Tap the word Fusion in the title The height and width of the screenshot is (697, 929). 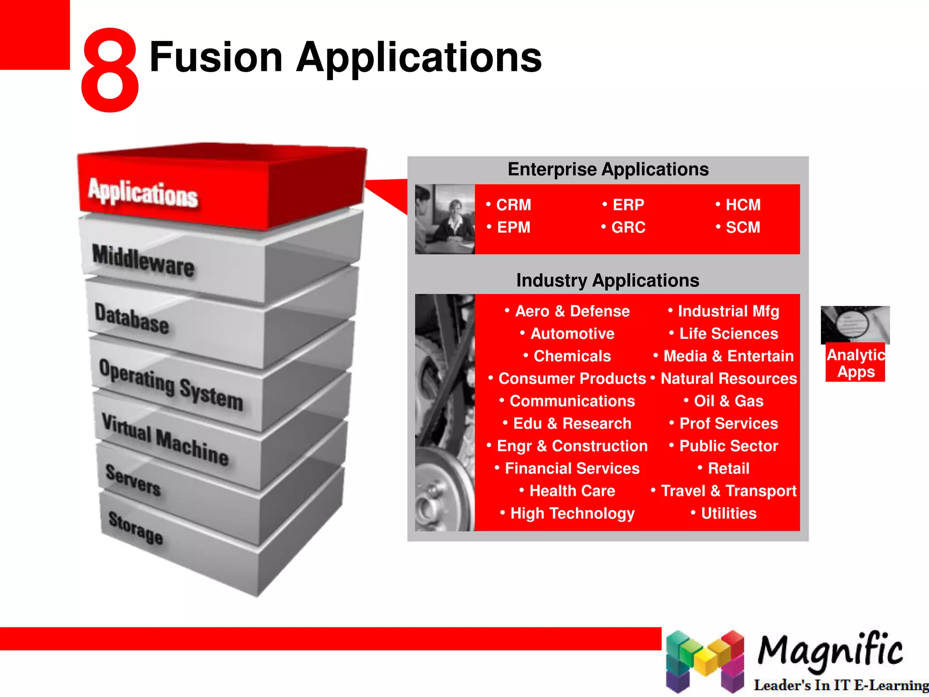point(216,57)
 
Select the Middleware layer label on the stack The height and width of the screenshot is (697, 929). point(143,260)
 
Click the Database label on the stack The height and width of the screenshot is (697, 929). point(132,319)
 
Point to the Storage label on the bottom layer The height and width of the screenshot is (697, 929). point(135,527)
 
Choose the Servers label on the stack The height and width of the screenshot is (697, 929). point(133,480)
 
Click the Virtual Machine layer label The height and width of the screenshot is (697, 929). point(165,439)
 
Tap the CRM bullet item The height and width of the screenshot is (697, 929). point(513,205)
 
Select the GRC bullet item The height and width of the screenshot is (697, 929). point(628,227)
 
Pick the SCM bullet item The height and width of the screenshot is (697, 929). point(743,227)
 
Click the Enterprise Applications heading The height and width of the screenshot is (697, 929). point(608,169)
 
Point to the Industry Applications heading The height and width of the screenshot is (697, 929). point(607,280)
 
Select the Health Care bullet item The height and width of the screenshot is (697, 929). point(572,491)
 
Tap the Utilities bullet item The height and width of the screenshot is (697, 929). point(729,513)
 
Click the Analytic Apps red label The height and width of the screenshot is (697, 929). point(856,363)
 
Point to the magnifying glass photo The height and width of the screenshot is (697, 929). point(855,324)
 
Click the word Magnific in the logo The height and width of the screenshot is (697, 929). point(830,651)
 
